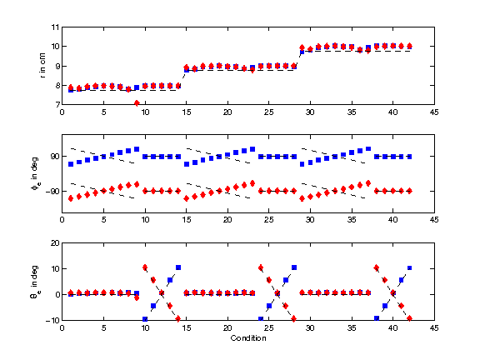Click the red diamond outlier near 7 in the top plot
coord(137,103)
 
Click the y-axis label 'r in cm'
coord(42,66)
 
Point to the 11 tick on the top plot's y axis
coord(54,27)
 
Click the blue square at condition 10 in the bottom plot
coord(145,319)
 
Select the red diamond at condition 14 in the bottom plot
coord(178,319)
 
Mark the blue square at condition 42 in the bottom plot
coord(409,268)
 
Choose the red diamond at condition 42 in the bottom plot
coord(409,318)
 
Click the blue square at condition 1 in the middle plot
coord(71,164)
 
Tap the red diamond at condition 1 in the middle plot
coord(71,198)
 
